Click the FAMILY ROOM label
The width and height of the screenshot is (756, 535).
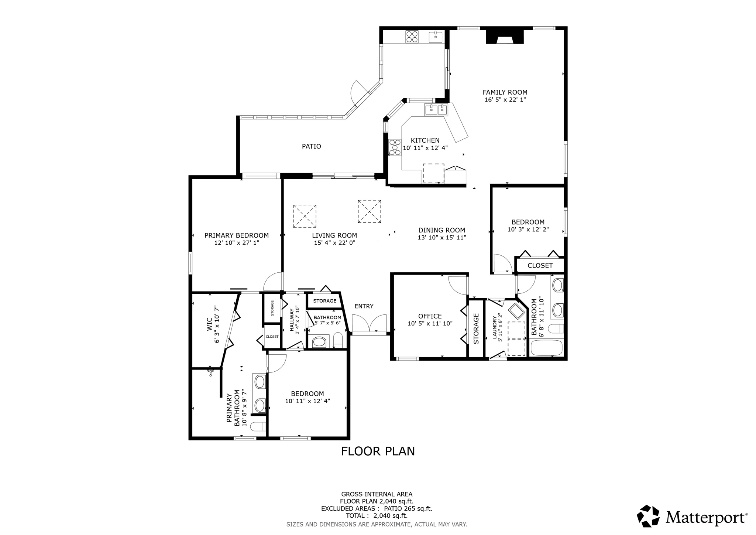pos(505,92)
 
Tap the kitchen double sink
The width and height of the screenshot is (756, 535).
pos(436,110)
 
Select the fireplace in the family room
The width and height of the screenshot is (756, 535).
pos(505,37)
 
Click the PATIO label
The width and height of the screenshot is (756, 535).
pos(312,146)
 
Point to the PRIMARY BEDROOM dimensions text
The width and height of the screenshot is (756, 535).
pos(237,243)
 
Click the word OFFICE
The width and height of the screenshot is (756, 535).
pos(430,316)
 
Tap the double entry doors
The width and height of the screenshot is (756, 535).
pos(369,324)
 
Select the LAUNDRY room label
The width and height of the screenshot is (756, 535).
pos(495,327)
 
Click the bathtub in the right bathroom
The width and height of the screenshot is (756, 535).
pos(546,348)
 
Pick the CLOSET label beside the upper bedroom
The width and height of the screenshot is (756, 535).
pos(540,266)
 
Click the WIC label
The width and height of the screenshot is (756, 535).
pos(209,324)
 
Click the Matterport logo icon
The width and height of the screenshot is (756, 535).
pos(648,516)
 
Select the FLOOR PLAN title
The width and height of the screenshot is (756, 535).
pos(378,451)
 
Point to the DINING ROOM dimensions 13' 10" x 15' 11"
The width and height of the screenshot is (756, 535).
pos(442,238)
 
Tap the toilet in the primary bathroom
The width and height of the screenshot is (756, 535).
pos(258,427)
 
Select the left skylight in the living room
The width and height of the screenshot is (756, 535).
pos(305,216)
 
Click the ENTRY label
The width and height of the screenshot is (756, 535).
pos(364,306)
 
